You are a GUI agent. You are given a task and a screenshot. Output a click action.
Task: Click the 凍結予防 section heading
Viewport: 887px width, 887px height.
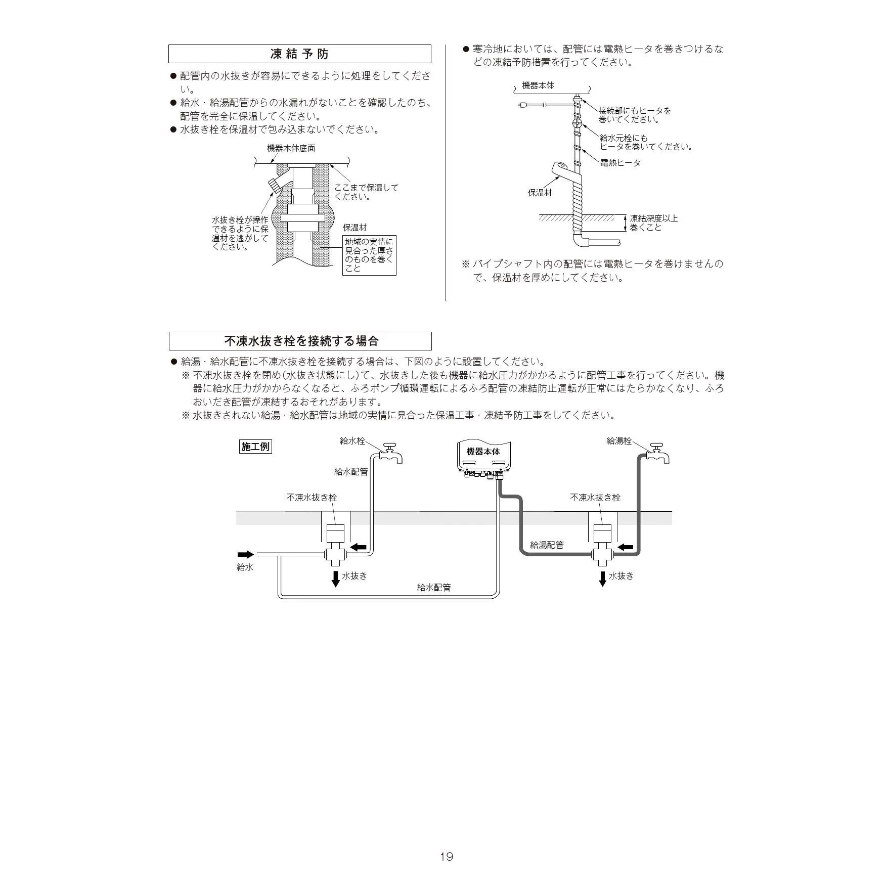[299, 54]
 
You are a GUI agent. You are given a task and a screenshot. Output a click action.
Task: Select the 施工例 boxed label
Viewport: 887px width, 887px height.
[255, 447]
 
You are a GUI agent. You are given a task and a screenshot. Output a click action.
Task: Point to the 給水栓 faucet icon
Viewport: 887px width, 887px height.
[390, 453]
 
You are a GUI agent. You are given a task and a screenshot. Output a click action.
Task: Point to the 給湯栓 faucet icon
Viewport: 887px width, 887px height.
[657, 453]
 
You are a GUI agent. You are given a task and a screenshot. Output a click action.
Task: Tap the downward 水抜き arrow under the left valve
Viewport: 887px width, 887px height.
[335, 579]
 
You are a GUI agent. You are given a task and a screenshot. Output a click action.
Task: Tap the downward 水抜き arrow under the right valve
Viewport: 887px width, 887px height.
[602, 579]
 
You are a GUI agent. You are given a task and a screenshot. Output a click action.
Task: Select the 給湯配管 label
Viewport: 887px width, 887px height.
[547, 545]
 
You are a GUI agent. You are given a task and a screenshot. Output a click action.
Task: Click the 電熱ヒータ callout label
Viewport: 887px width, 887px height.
[620, 163]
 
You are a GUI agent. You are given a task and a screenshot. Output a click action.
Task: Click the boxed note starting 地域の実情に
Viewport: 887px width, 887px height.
[369, 255]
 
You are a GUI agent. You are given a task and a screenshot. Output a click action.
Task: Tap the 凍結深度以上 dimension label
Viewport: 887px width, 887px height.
[654, 218]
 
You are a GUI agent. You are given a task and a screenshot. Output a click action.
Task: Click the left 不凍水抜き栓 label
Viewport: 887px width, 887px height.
[312, 498]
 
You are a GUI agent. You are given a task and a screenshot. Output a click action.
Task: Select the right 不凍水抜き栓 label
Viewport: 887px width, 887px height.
[595, 498]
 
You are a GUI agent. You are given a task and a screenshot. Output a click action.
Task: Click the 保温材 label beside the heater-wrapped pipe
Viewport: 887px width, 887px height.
[540, 193]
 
